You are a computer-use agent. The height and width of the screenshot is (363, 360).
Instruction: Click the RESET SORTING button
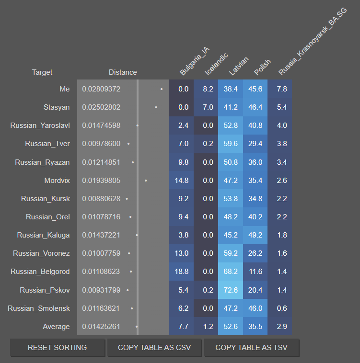(57, 348)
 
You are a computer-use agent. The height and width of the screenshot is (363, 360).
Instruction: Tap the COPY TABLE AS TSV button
(252, 348)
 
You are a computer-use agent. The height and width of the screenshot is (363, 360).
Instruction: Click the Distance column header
(123, 72)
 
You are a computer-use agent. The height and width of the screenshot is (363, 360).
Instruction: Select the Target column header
(42, 72)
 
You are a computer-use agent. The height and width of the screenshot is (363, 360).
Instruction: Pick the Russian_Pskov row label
(45, 290)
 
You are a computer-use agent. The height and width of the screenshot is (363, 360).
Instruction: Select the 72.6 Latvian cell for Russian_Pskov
(231, 290)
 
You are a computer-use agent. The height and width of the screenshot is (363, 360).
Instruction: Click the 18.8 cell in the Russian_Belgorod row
(183, 272)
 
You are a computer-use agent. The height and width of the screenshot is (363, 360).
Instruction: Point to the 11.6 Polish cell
(255, 272)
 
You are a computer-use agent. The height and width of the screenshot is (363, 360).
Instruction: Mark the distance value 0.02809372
(101, 89)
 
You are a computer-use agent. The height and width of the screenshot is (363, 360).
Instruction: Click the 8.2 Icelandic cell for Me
(208, 89)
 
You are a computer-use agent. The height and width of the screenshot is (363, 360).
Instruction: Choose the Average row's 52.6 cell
(231, 327)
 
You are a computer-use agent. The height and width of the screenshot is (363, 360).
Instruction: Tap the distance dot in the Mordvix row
(146, 181)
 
